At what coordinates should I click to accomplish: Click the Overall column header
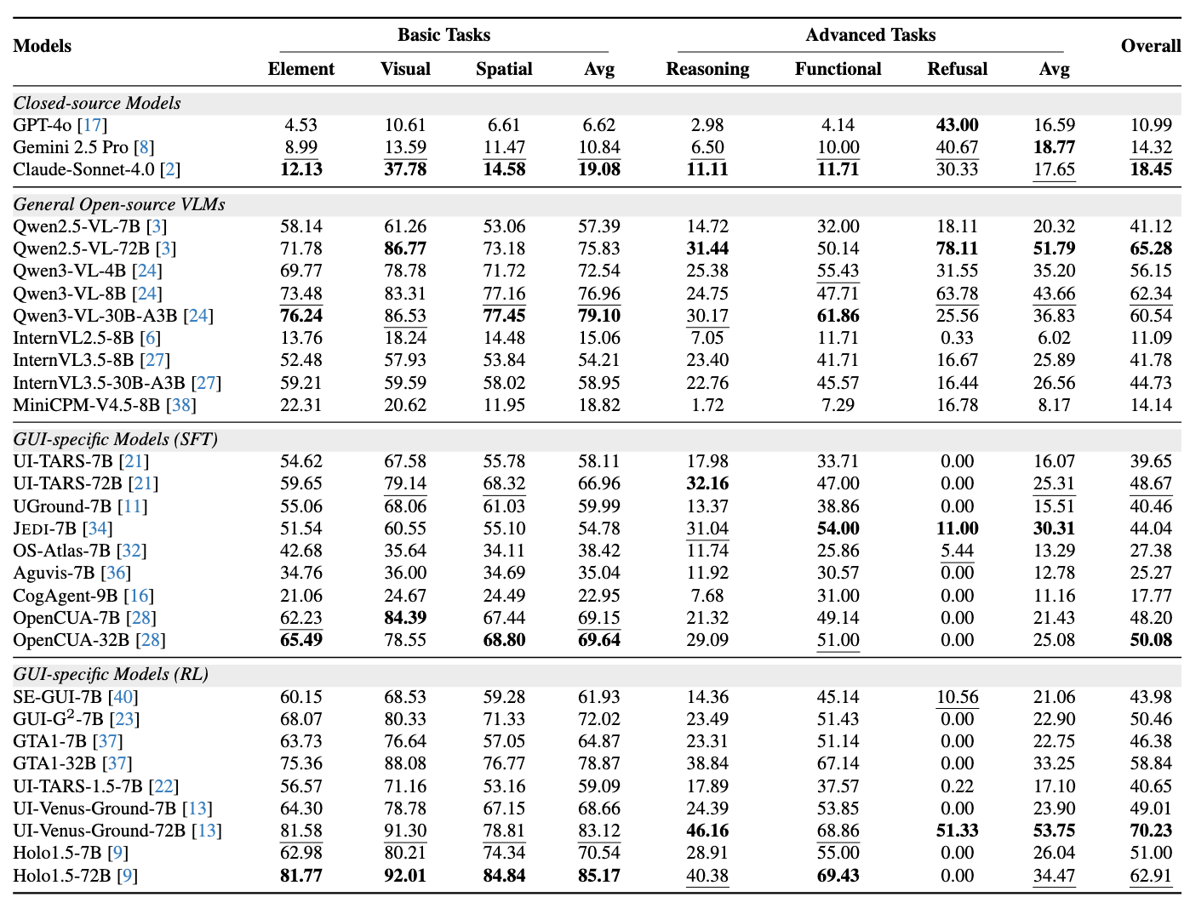1151,46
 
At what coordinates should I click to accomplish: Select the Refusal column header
957,69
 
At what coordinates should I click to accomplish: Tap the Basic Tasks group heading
443,35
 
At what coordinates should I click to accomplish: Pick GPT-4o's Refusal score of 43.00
957,125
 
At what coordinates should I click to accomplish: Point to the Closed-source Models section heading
97,103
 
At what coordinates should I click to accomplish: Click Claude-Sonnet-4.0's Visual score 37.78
405,169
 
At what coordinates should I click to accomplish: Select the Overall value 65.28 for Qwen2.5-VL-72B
1151,248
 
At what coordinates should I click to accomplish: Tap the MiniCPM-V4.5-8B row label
86,405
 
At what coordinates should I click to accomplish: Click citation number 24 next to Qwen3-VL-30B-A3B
198,316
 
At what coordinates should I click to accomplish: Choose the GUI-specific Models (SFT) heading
116,439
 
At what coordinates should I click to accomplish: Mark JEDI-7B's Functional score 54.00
838,528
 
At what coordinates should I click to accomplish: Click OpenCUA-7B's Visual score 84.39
405,618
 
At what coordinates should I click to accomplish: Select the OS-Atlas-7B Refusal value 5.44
957,551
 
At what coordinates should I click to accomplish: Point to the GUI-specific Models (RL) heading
111,674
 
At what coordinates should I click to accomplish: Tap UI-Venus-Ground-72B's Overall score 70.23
1151,831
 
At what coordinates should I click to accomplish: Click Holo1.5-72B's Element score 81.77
301,876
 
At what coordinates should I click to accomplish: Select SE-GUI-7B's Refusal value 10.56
957,697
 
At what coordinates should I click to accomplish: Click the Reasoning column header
707,69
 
